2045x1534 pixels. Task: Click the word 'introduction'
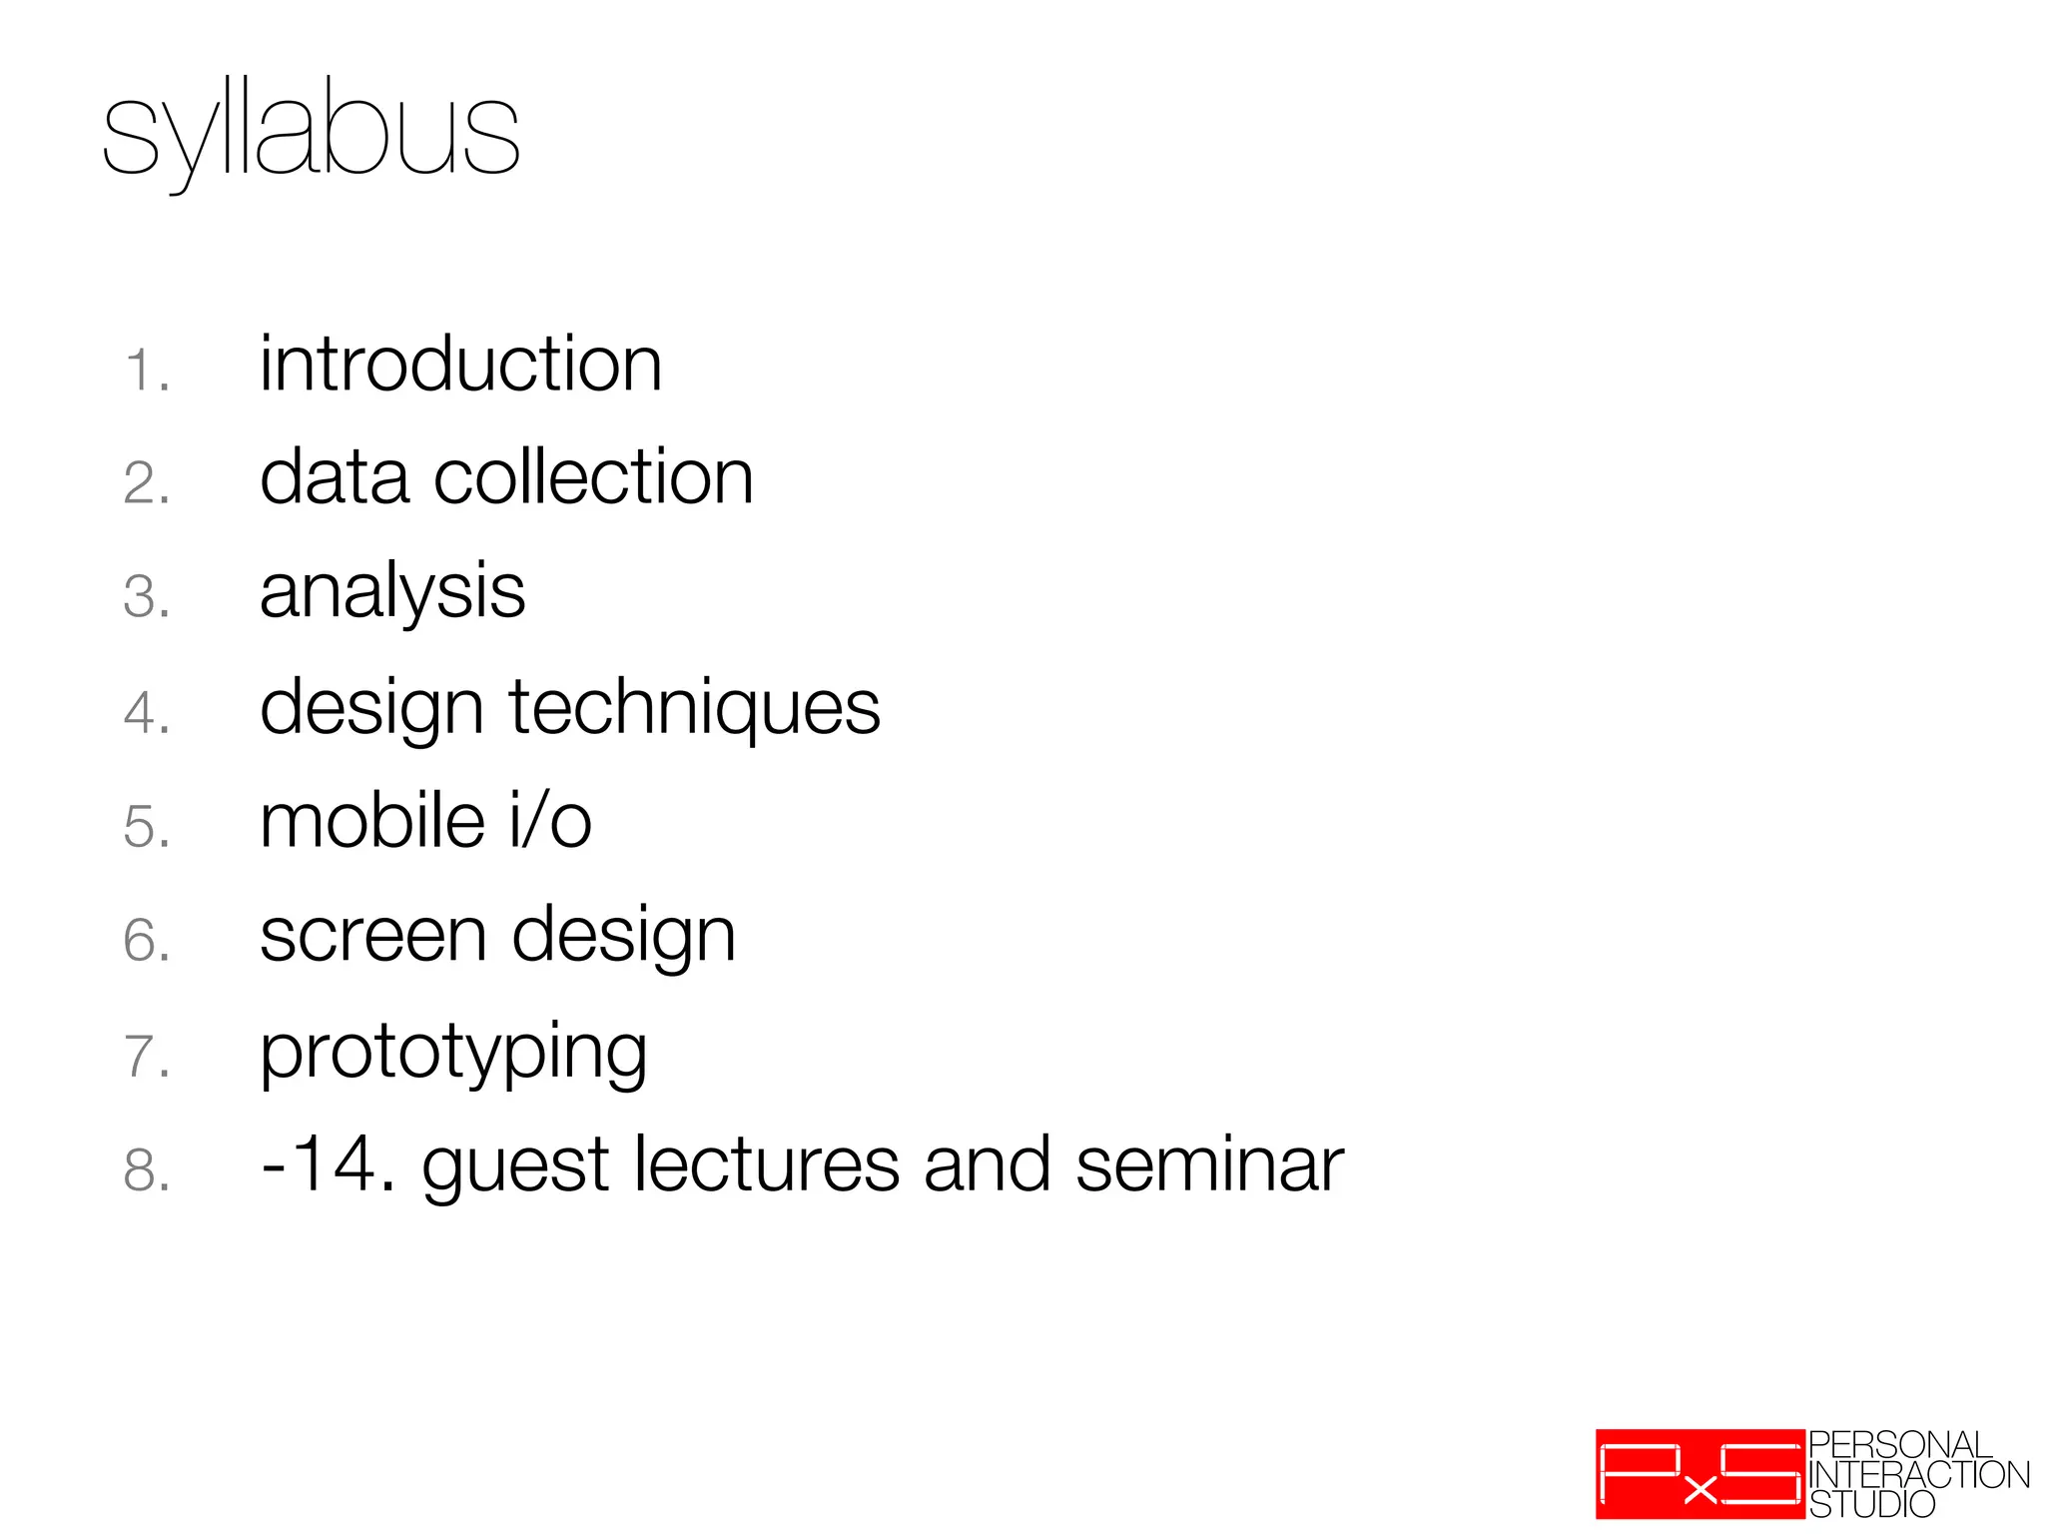pos(460,365)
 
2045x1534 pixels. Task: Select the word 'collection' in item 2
pos(593,477)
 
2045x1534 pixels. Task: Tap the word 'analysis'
pos(391,592)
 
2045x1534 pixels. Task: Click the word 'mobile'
pos(372,821)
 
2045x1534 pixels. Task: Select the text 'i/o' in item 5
pos(550,821)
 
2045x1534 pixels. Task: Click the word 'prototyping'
pos(453,1053)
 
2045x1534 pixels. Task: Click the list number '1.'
pos(147,371)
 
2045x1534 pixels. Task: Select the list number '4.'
pos(147,714)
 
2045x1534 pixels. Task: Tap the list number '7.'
pos(147,1057)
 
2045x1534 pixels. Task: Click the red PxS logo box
pos(1700,1474)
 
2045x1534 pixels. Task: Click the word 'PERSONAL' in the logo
pos(1900,1445)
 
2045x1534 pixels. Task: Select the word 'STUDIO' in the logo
pos(1871,1504)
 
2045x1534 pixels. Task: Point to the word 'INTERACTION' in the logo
pos(1918,1475)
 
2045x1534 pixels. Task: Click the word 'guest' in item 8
pos(515,1166)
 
